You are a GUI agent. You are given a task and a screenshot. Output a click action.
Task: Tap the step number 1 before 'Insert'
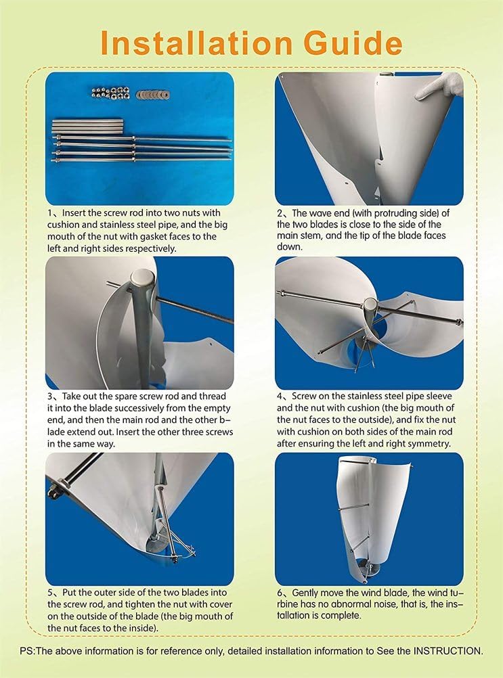tap(50, 214)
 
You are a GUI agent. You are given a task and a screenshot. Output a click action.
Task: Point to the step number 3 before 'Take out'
tap(50, 396)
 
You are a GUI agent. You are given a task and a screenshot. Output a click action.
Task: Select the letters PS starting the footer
tap(26, 651)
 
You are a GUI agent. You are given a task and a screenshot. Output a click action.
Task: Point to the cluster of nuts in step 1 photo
tap(114, 92)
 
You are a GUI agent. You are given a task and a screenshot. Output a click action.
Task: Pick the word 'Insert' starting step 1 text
tap(73, 214)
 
